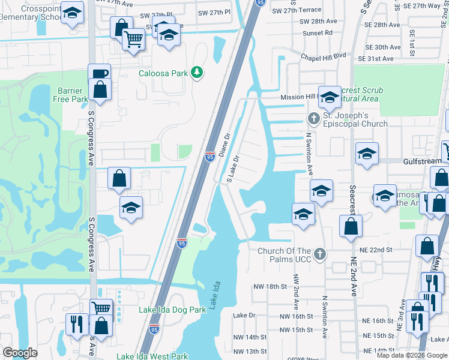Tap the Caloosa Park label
click(x=163, y=74)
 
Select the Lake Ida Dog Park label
click(x=172, y=310)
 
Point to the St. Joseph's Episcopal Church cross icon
click(x=313, y=116)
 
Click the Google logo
click(x=20, y=353)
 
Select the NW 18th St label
click(x=270, y=287)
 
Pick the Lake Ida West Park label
click(x=152, y=356)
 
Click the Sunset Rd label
click(x=318, y=32)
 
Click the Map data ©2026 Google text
click(x=412, y=355)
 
